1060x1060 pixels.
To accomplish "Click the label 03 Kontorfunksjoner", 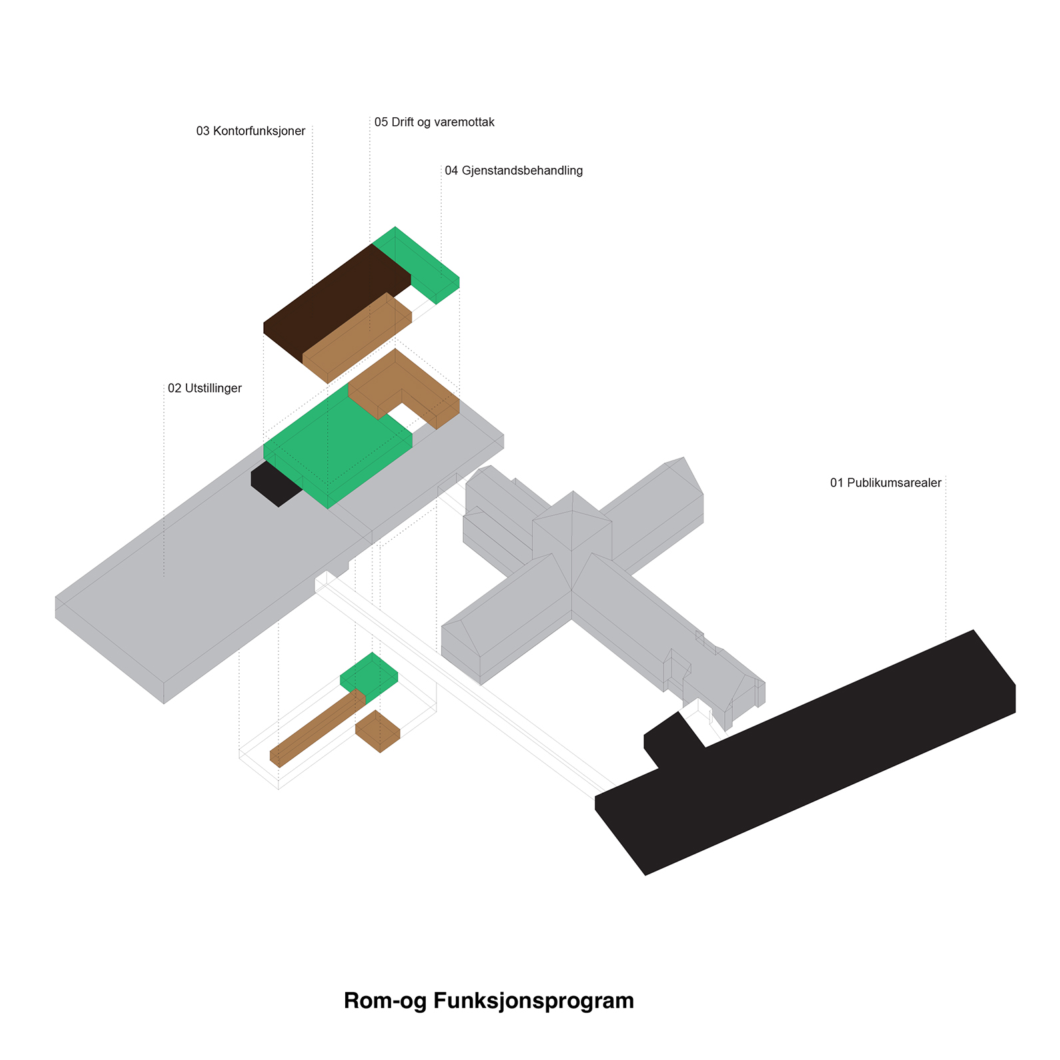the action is [x=251, y=131].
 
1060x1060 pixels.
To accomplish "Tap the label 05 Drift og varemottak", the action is [x=434, y=123].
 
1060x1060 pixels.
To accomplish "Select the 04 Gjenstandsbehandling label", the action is [x=513, y=171].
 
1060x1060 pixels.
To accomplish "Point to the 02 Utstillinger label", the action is [x=205, y=388].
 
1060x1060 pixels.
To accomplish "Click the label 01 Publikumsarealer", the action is [x=885, y=483].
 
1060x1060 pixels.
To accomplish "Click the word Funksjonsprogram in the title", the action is [x=533, y=1001].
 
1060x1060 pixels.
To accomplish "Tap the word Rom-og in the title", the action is [x=385, y=1001].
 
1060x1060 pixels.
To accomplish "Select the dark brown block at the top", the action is [x=333, y=293].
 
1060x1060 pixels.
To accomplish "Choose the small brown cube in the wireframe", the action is [x=377, y=730].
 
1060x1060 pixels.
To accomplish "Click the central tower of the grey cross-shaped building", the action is [x=572, y=526].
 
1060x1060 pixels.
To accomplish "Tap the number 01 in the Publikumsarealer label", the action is [x=837, y=483].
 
